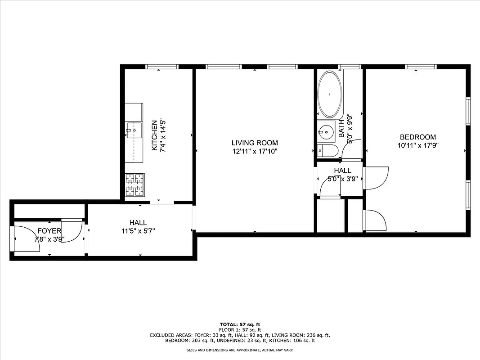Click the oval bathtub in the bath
point(330,94)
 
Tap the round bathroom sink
point(325,132)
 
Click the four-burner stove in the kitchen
point(134,186)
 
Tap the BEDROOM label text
point(418,137)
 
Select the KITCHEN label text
point(154,135)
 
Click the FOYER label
point(49,231)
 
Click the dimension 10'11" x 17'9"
point(418,145)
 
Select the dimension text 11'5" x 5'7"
point(138,231)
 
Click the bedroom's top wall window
point(421,67)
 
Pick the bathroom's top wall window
point(350,67)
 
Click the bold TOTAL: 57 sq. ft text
point(240,324)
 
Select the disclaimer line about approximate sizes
point(240,350)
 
